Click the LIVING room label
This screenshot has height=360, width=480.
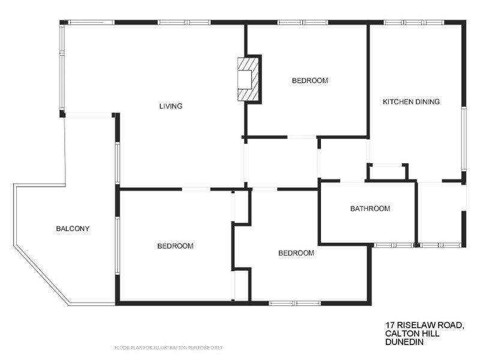[x=170, y=106]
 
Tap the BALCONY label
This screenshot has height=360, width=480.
[x=73, y=228]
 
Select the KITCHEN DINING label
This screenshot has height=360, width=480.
[x=411, y=101]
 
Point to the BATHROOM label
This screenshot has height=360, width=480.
[x=370, y=209]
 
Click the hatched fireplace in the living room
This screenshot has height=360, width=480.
[x=249, y=79]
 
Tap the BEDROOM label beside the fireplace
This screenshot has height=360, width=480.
[x=310, y=80]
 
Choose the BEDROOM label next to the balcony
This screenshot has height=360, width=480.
[x=175, y=246]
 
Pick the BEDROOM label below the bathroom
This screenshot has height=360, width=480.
[x=296, y=253]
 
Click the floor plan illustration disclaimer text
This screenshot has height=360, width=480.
[x=169, y=347]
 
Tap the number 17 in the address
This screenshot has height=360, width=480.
[x=391, y=325]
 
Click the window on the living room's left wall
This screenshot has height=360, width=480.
[x=61, y=67]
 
